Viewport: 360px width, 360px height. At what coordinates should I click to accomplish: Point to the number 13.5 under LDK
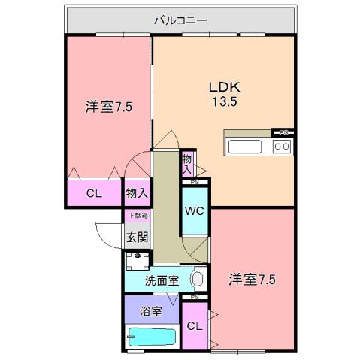pos(223,102)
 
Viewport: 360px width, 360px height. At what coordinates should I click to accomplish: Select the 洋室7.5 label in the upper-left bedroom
pos(108,107)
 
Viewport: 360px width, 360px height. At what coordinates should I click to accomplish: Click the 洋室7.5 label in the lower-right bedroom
pos(252,280)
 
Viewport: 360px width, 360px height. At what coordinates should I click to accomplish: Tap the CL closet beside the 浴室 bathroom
pos(194,326)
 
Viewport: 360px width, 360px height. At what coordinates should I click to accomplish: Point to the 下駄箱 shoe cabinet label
pos(137,216)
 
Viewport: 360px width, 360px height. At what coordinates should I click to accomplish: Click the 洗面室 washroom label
pos(162,281)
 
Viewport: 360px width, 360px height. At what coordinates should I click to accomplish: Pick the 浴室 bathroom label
pos(152,310)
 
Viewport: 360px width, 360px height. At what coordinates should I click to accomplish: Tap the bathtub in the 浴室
pos(153,336)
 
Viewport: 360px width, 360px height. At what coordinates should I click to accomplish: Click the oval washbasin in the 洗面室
pos(198,280)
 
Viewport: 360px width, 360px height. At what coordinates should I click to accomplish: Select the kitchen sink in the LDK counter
pos(246,146)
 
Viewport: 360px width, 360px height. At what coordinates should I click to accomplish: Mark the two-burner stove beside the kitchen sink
pos(282,146)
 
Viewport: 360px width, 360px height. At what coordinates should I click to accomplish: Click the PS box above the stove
pos(283,132)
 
